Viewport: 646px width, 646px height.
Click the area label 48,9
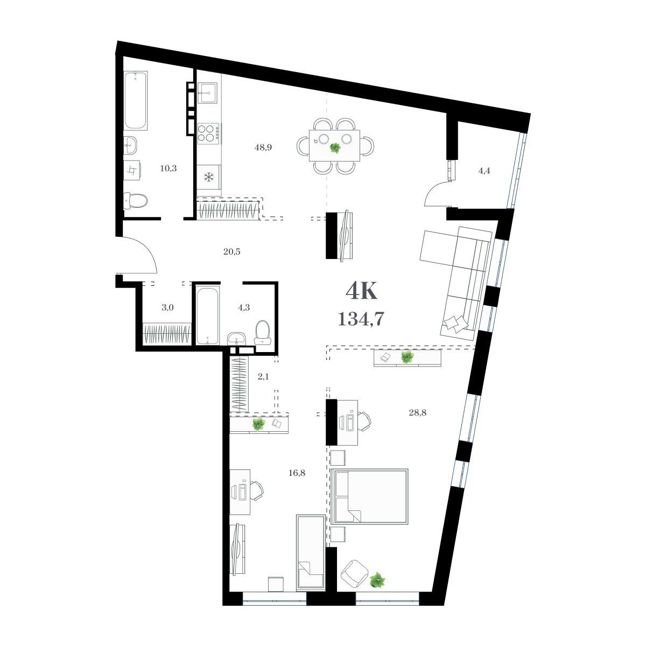coord(263,147)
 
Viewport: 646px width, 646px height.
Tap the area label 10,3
coord(168,168)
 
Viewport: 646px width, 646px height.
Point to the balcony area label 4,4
coord(484,171)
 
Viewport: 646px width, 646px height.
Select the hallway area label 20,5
coord(232,252)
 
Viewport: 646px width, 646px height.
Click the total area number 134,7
coord(360,319)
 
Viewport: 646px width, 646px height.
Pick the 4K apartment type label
coord(361,291)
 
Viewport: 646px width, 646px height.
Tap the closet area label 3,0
coord(167,308)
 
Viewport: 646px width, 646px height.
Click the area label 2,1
coord(263,377)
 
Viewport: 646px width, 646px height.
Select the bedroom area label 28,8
coord(417,413)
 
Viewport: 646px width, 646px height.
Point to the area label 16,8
coord(297,473)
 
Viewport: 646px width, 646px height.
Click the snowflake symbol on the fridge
coord(209,177)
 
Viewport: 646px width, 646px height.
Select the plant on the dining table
coord(335,148)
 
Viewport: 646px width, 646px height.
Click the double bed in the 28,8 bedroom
coord(369,496)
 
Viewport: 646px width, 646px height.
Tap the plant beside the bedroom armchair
coord(378,580)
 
